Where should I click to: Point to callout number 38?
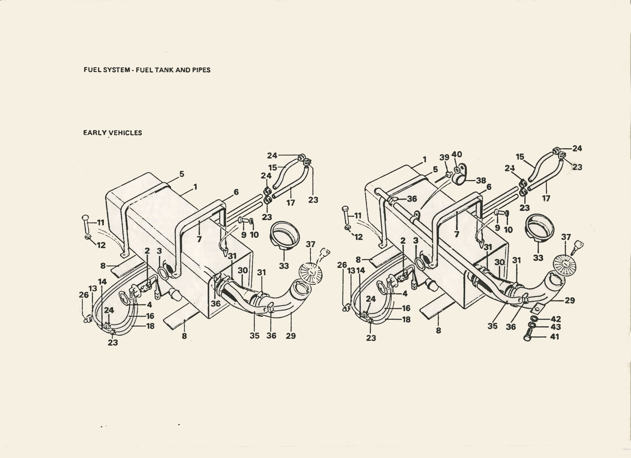tap(481, 181)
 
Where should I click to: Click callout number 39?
tap(444, 157)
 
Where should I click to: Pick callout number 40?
tap(457, 154)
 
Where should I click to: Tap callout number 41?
tap(554, 337)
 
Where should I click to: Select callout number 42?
tap(556, 319)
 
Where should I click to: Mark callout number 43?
tap(556, 327)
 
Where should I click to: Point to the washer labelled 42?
tap(534, 318)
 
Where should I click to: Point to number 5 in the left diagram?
tap(182, 174)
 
